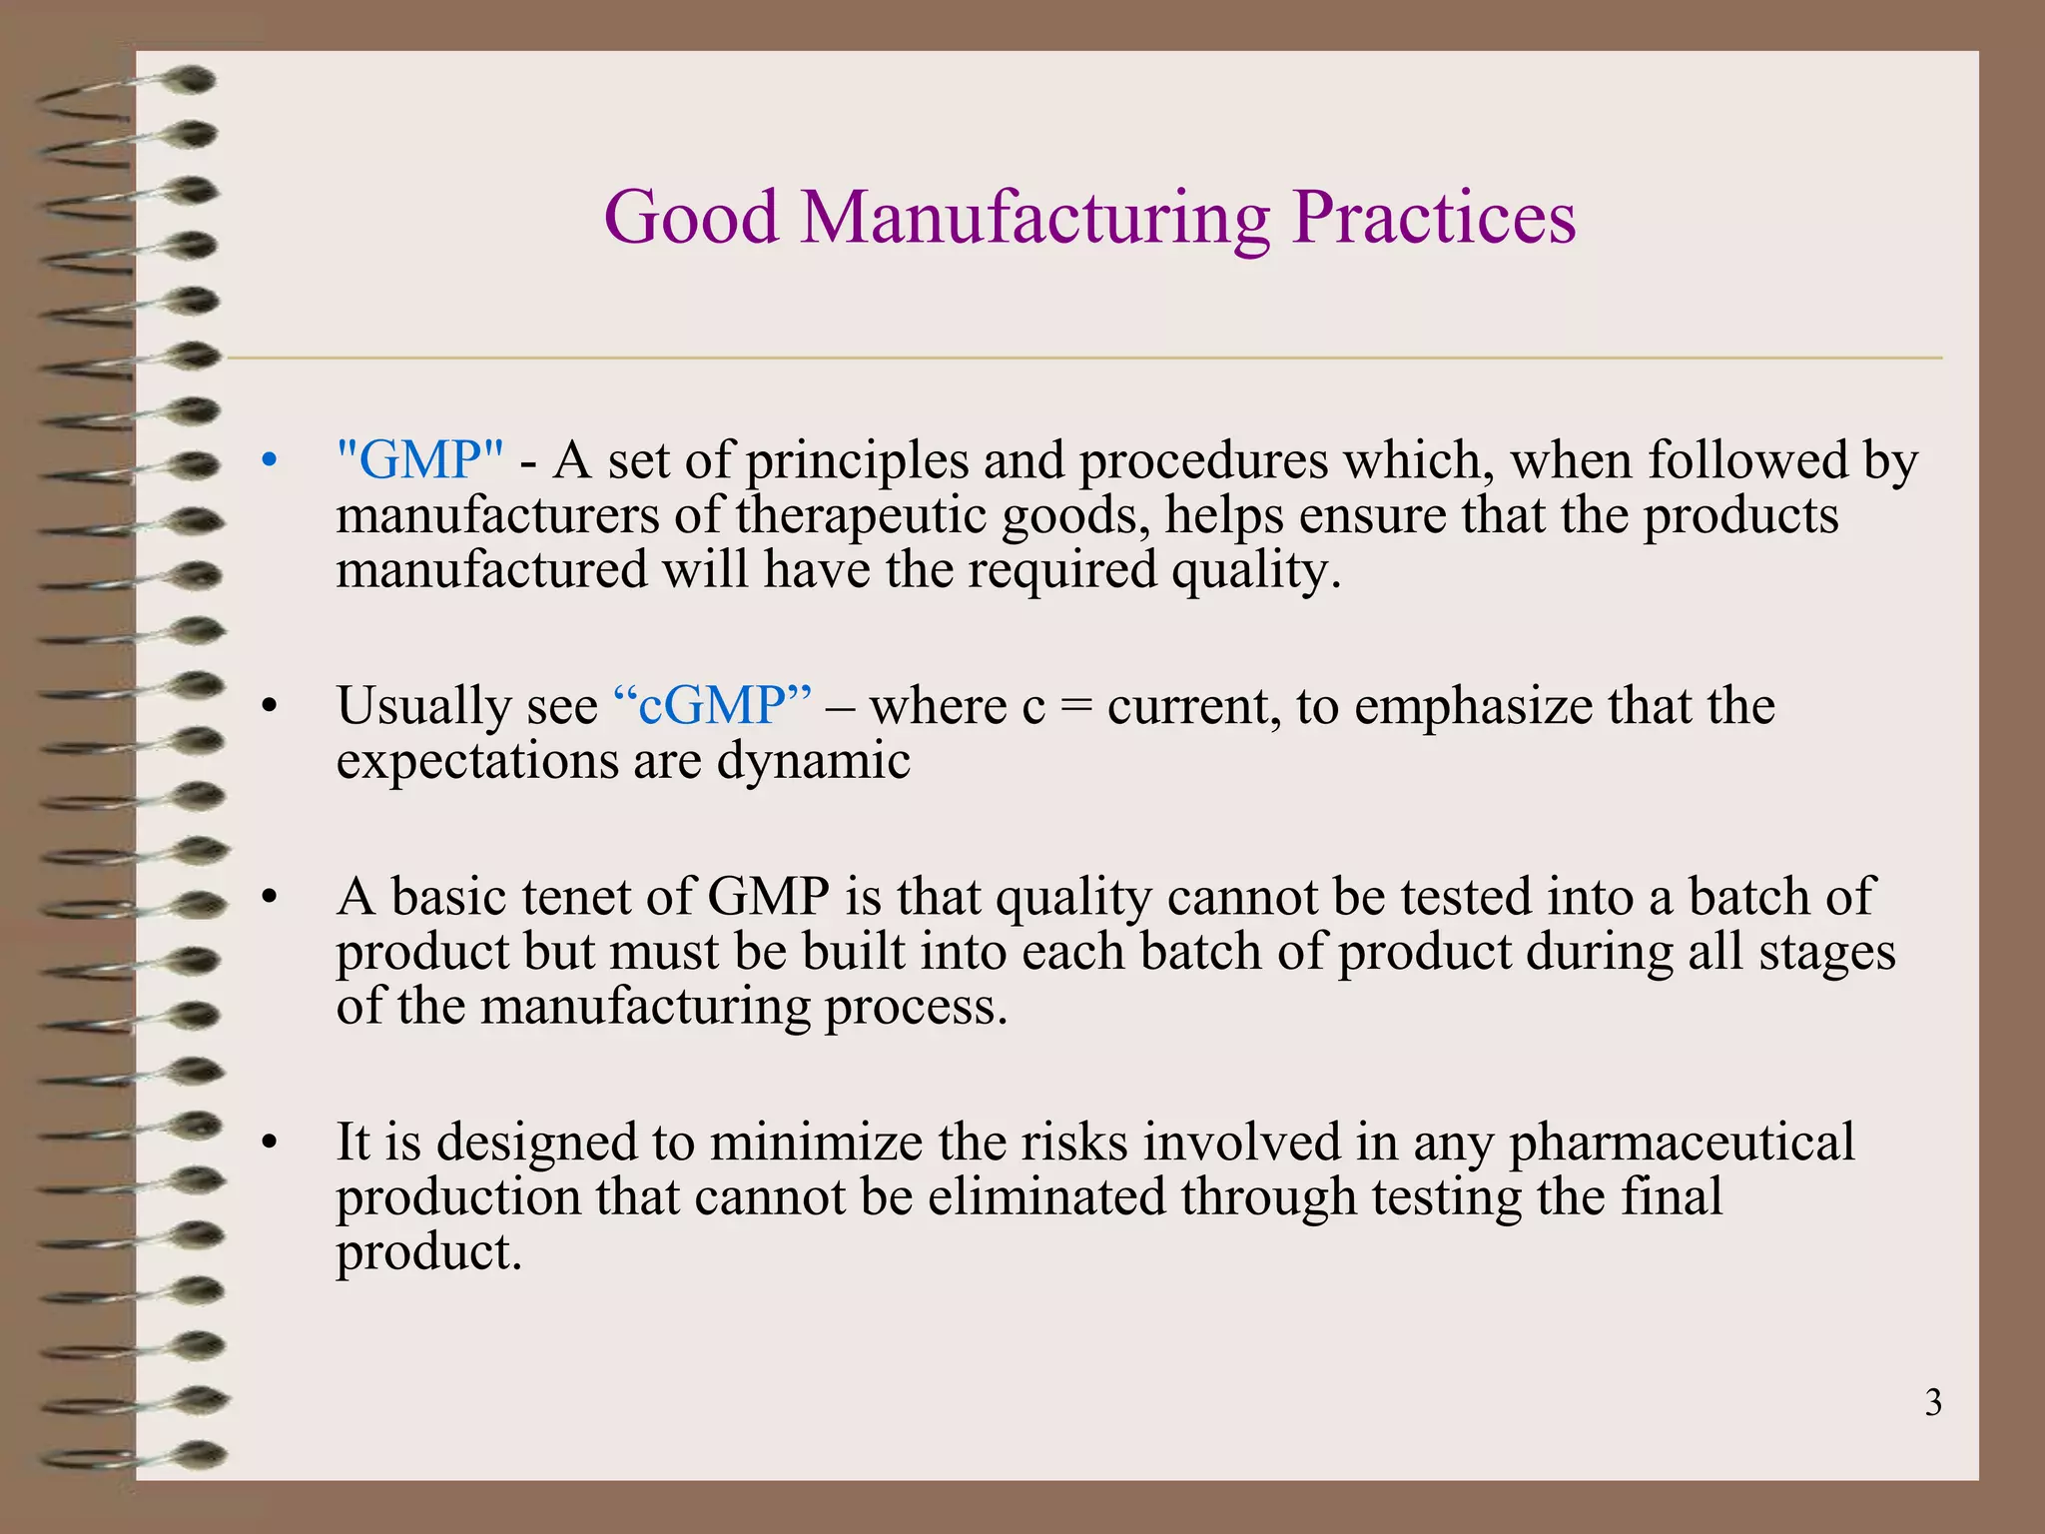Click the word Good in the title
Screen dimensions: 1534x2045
click(x=691, y=218)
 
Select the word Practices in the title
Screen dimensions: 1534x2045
click(x=1434, y=218)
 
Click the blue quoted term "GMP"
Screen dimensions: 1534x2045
click(x=420, y=461)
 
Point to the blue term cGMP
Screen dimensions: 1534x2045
click(x=712, y=706)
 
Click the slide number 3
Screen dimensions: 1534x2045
click(x=1933, y=1403)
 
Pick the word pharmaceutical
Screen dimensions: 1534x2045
click(x=1682, y=1142)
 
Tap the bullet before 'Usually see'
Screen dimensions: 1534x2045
click(x=267, y=707)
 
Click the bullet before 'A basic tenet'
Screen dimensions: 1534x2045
click(x=267, y=897)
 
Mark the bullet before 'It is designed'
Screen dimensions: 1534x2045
click(x=267, y=1143)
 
